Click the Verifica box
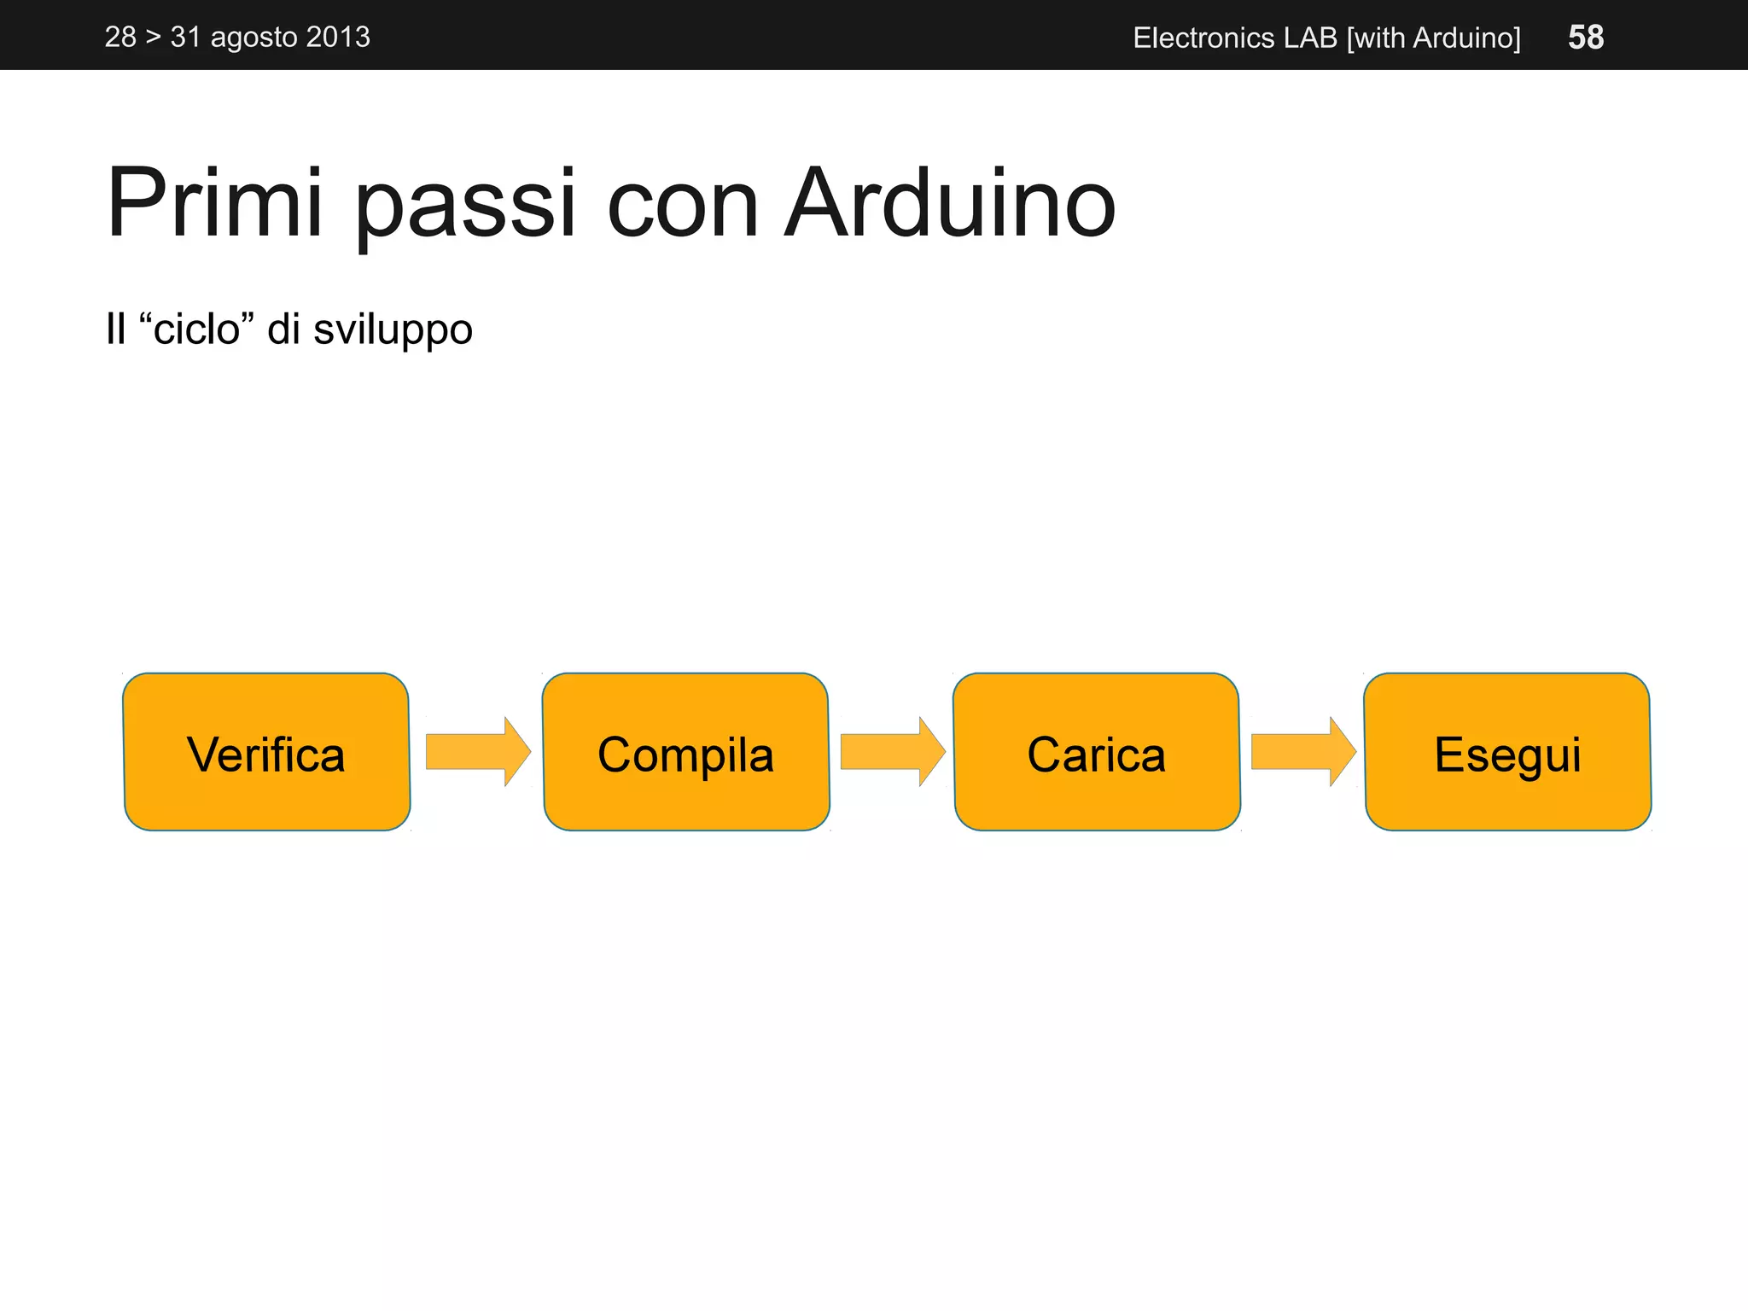pos(266,752)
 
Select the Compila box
pos(685,752)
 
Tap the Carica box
pos(1097,752)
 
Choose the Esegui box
pos(1507,752)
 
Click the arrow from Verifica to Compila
pos(477,752)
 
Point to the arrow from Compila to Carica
pos(892,752)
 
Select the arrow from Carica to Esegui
pos(1302,752)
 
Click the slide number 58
pos(1586,38)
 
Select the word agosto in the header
pos(253,38)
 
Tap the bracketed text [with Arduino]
pos(1434,38)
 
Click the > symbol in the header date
pos(153,38)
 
